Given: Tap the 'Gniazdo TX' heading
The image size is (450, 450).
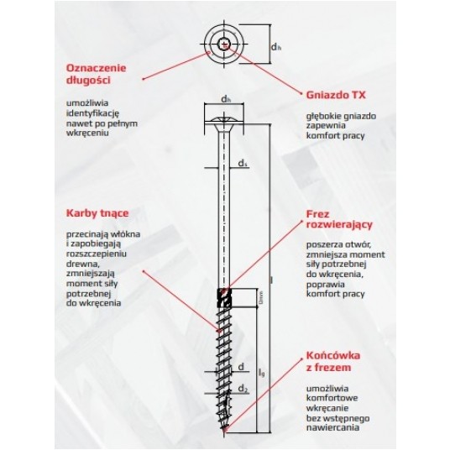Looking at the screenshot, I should click(335, 96).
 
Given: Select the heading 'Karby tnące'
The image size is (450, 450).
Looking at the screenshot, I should click(93, 212).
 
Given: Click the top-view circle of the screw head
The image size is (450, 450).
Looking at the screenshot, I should click(225, 44).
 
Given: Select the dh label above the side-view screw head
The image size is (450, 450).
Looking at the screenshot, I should click(225, 100).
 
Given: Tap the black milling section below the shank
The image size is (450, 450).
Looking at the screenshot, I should click(223, 296).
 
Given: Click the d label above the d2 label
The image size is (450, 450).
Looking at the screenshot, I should click(241, 367).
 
